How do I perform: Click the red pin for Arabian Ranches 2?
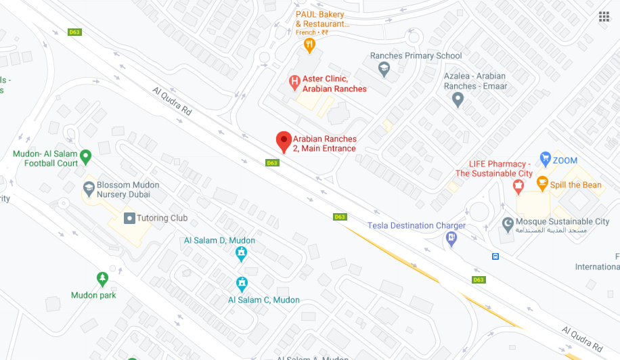(x=284, y=141)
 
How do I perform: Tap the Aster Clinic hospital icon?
(x=294, y=83)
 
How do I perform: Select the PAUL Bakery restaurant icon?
(x=310, y=45)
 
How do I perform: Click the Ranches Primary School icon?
(x=384, y=68)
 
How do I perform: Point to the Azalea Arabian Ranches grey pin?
(x=458, y=99)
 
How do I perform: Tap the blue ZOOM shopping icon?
(x=545, y=160)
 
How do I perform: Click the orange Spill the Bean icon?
(x=542, y=183)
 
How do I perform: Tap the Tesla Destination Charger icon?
(x=451, y=238)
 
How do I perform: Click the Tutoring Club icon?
(x=130, y=218)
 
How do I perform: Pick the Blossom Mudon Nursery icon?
(x=89, y=187)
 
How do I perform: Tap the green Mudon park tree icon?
(x=102, y=279)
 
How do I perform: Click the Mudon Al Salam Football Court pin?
(x=85, y=158)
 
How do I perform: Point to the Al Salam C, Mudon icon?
(x=242, y=284)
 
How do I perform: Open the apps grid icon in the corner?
(x=604, y=17)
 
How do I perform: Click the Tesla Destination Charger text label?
(x=416, y=225)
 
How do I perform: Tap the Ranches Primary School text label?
(x=416, y=55)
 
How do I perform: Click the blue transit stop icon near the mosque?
(x=495, y=256)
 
